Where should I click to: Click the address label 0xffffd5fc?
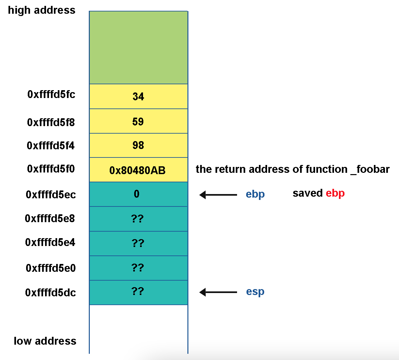click(51, 94)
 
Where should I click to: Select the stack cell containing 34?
click(138, 96)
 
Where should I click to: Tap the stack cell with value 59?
click(138, 121)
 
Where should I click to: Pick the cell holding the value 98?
click(138, 145)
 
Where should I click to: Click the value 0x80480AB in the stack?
click(137, 170)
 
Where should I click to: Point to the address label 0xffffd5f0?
click(51, 169)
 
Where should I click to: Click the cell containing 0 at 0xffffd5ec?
click(138, 194)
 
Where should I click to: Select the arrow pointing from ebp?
click(218, 195)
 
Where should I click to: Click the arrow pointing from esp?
click(218, 292)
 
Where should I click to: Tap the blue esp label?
click(255, 291)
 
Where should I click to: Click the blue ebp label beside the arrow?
click(255, 194)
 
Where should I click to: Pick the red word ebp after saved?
click(335, 193)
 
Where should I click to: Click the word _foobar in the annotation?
click(370, 169)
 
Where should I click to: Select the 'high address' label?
click(41, 10)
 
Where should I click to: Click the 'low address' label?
click(45, 341)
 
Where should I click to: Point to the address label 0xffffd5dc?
click(50, 292)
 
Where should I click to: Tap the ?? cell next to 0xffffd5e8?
click(138, 219)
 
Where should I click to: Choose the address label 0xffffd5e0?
click(51, 268)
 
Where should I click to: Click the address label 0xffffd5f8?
click(51, 123)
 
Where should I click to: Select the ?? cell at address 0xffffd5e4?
click(138, 243)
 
